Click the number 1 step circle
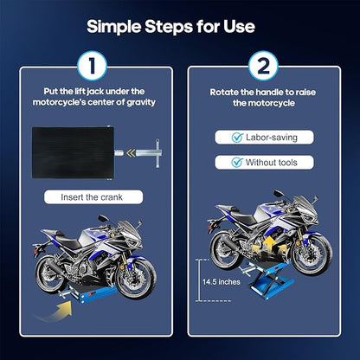92,66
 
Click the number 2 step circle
263,66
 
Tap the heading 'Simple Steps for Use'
170,27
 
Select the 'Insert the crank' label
93,197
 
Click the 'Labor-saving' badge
264,138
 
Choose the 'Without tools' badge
264,163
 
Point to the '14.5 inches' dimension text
222,281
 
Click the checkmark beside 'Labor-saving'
237,138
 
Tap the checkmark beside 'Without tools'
237,163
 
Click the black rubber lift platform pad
73,152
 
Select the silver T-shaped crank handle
150,153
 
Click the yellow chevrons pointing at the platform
131,153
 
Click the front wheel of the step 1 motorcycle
135,277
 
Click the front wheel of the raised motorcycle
311,254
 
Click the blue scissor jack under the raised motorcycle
267,279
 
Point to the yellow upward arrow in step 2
269,245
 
